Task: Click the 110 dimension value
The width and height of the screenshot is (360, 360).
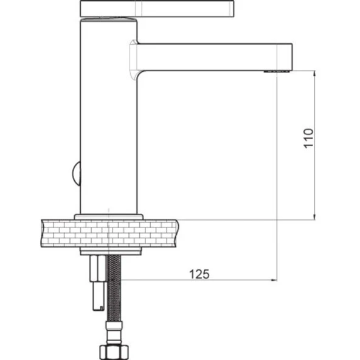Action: coord(308,139)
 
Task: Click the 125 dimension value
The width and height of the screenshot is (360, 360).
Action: coord(199,274)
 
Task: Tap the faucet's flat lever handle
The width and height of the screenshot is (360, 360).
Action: coord(157,9)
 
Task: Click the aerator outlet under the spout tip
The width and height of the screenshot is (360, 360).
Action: coord(277,71)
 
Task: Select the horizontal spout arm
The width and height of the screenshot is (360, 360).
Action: coord(215,57)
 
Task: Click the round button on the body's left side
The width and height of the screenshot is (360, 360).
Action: coord(77,173)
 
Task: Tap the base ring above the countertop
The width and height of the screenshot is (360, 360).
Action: coord(109,217)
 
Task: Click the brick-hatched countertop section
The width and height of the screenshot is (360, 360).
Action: coord(109,234)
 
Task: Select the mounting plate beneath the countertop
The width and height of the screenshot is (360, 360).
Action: coord(111,251)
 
